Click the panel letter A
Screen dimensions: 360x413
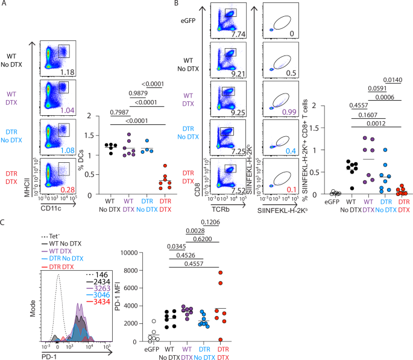coord(5,5)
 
